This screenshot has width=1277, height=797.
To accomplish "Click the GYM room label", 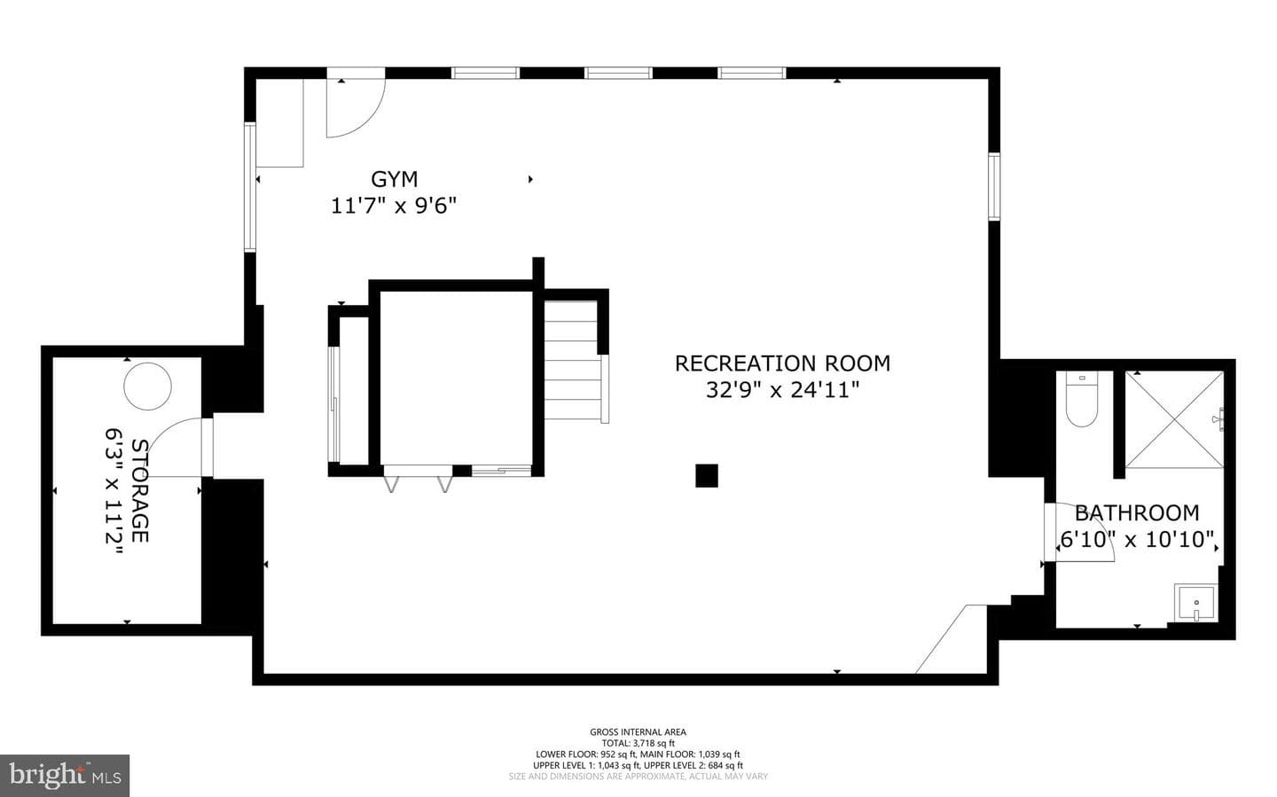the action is pos(394,179).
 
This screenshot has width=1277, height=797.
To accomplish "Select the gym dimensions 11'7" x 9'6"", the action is pos(394,206).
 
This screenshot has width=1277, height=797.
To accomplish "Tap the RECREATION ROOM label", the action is pos(782,363).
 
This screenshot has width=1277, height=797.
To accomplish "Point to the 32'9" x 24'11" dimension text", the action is pos(782,390).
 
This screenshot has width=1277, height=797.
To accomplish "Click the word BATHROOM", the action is pos(1137,513).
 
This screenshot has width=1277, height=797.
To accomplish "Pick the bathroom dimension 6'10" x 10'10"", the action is pos(1137,539).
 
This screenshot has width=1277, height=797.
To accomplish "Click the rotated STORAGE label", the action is pos(140,490).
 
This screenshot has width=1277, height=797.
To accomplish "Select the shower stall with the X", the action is pos(1174,419).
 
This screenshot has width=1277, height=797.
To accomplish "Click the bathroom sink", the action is pos(1195,603).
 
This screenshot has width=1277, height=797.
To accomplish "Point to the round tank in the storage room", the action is pos(147,386).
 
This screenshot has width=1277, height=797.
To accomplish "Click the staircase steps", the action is pos(572,360).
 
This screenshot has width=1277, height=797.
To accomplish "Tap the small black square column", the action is pos(706,475).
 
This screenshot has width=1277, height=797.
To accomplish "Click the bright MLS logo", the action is pos(65,776).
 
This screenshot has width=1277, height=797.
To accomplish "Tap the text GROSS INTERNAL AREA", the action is pos(638,732).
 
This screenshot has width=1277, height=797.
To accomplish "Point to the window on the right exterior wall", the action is pos(994,186).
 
